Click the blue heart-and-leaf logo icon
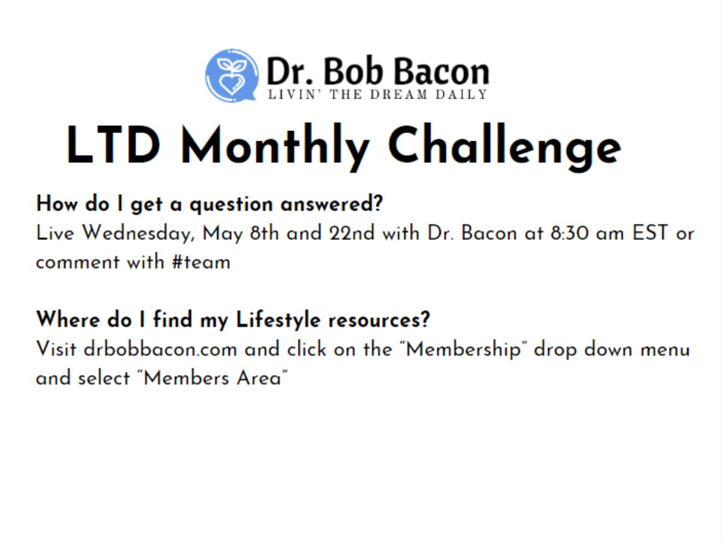(232, 75)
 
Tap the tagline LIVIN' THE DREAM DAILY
(377, 94)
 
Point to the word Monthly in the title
(274, 147)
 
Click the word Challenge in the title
(504, 147)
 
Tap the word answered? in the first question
(332, 204)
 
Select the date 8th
(264, 233)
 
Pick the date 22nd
(351, 233)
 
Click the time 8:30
(569, 233)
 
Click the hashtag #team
(201, 263)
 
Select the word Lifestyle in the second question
(278, 320)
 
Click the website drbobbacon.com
(160, 349)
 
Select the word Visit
(56, 349)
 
